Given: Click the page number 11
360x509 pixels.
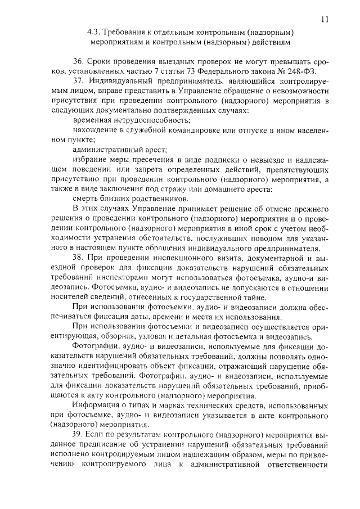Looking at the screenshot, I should [x=325, y=19].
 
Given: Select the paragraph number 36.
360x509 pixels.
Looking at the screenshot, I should [x=78, y=61].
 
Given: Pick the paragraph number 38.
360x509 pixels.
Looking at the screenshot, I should [x=78, y=257].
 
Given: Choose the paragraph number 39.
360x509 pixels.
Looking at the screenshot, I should [x=78, y=433].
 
